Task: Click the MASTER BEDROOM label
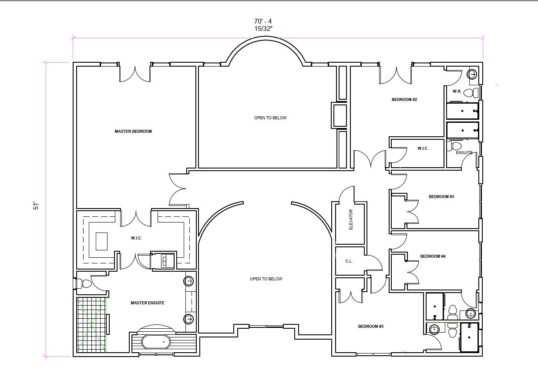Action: pos(133,131)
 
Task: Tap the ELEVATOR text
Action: pos(351,219)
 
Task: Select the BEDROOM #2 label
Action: pos(404,99)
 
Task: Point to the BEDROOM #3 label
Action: pos(441,197)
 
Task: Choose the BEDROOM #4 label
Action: pos(433,256)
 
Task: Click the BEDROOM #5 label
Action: pos(371,327)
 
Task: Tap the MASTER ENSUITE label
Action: pos(148,303)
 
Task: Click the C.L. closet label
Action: pos(349,261)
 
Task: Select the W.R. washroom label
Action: pos(457,91)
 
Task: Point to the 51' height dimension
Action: pos(36,206)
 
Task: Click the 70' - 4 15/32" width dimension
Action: pos(263,25)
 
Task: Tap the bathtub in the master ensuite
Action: pos(156,342)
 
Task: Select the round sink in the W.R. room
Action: pos(472,74)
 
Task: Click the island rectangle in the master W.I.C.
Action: pos(101,241)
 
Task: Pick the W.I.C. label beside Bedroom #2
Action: pos(423,148)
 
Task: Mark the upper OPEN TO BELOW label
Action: pos(270,118)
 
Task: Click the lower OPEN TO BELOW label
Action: pos(266,279)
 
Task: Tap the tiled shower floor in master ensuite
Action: pos(91,325)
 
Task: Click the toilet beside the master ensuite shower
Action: pos(83,284)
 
